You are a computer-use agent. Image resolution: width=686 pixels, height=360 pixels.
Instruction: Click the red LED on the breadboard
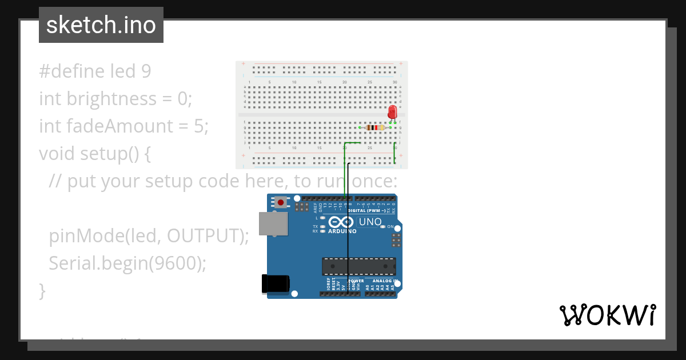[x=392, y=111]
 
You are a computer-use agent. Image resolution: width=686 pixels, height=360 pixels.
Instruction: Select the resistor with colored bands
[x=374, y=127]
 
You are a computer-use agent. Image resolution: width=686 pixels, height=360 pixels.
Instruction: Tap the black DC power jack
[x=275, y=284]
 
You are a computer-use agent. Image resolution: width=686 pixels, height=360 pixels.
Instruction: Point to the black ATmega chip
[x=358, y=266]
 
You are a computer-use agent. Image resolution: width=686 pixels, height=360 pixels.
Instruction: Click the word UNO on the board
[x=370, y=222]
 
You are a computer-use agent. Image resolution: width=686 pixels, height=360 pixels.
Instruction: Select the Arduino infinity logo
[x=341, y=222]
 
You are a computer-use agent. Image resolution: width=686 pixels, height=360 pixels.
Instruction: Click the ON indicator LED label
[x=391, y=227]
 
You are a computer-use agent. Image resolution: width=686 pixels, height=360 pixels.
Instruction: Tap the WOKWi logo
[x=607, y=315]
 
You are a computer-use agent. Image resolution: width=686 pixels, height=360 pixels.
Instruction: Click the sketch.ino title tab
[x=101, y=25]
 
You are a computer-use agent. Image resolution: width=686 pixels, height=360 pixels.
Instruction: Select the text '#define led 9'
[x=95, y=71]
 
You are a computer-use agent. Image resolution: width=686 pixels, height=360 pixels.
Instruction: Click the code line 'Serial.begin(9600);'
[x=127, y=263]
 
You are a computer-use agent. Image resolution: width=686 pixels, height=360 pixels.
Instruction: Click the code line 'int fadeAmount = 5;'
[x=123, y=126]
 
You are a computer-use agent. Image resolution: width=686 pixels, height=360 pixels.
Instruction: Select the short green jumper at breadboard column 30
[x=395, y=153]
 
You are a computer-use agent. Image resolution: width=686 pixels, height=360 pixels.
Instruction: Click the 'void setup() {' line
[x=94, y=153]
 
